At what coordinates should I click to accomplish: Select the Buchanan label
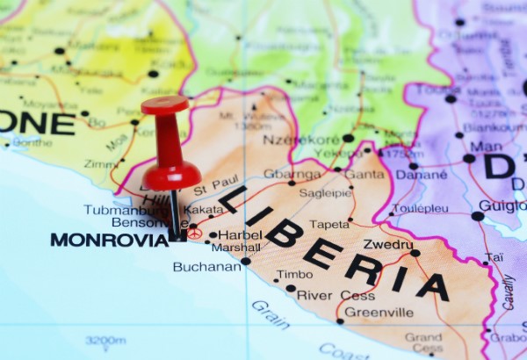[x=206, y=267]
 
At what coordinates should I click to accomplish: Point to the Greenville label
[x=379, y=312]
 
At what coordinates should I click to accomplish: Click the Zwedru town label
[x=388, y=244]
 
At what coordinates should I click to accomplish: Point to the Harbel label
[x=240, y=234]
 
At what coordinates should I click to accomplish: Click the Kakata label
[x=204, y=211]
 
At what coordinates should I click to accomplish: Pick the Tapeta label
[x=328, y=224]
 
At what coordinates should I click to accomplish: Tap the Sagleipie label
[x=325, y=193]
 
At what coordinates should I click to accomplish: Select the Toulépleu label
[x=422, y=209]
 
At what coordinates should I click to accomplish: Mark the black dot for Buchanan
[x=245, y=261]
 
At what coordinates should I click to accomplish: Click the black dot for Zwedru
[x=415, y=253]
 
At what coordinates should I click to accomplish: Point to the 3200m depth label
[x=105, y=340]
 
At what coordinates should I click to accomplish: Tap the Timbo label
[x=294, y=274]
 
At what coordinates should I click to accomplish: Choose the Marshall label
[x=235, y=248]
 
